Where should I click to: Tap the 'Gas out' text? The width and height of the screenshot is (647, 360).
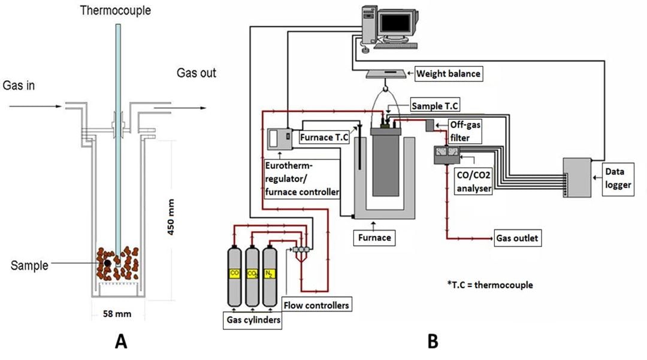[196, 73]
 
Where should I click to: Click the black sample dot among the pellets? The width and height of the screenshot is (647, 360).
[107, 262]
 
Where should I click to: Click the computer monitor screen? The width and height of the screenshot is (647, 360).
[401, 23]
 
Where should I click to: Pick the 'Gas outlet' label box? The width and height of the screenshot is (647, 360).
[516, 238]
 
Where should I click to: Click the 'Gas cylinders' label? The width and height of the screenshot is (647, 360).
[251, 319]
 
